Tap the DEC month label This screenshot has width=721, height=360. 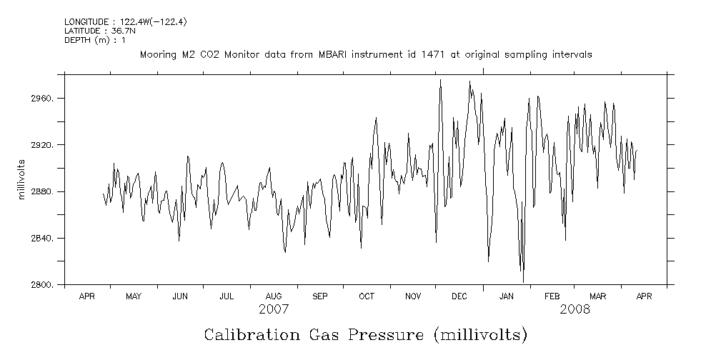[x=459, y=296]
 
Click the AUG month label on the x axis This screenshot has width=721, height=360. [x=274, y=296]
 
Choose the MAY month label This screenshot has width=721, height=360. [x=134, y=296]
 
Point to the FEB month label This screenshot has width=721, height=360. [x=552, y=296]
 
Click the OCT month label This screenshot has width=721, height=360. [x=367, y=296]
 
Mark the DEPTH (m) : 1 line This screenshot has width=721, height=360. [x=94, y=40]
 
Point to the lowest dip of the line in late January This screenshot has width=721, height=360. [x=523, y=281]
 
